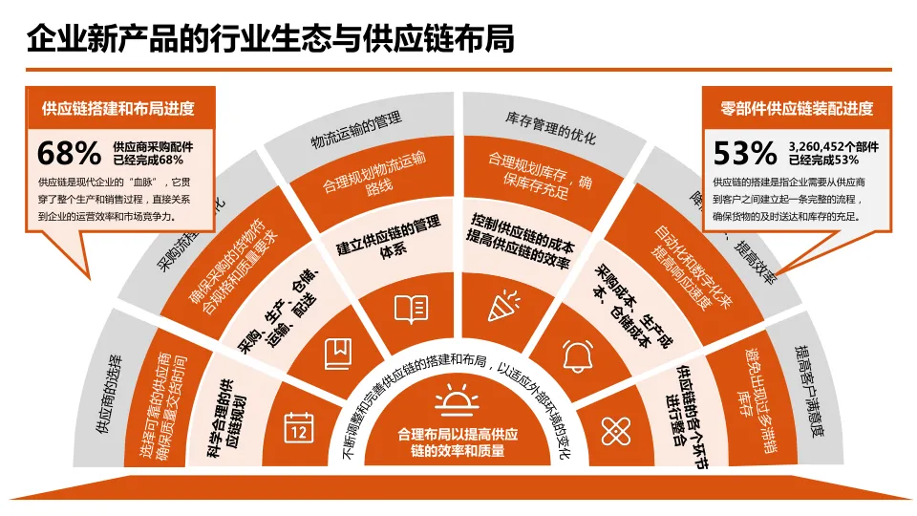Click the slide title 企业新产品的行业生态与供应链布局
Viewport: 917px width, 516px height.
coord(270,39)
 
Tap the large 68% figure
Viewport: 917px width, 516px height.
coord(69,153)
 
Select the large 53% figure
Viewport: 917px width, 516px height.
coord(745,153)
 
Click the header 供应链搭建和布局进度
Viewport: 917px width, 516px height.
coord(117,108)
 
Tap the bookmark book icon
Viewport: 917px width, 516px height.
coord(338,353)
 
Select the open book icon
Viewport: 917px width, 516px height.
coord(411,309)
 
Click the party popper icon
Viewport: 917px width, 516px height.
coord(504,305)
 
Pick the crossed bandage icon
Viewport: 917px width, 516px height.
coord(617,429)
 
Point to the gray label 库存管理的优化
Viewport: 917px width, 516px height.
coord(549,127)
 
